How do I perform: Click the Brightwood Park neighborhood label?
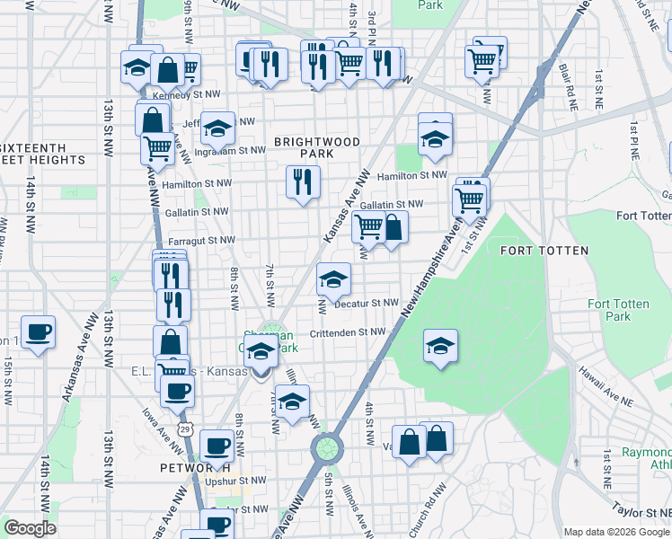click(x=317, y=148)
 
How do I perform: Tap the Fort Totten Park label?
click(x=618, y=310)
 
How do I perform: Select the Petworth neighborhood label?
click(x=189, y=468)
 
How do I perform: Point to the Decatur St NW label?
click(x=366, y=304)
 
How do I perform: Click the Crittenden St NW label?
click(x=347, y=332)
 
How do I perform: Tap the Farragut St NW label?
click(x=200, y=241)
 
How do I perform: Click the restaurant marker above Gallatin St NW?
click(x=303, y=182)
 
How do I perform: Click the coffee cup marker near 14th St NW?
click(x=38, y=331)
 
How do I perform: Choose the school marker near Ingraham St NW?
click(x=217, y=128)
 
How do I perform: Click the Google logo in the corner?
click(x=30, y=528)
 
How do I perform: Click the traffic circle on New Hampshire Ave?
click(x=327, y=446)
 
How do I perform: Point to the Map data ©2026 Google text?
click(x=616, y=532)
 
